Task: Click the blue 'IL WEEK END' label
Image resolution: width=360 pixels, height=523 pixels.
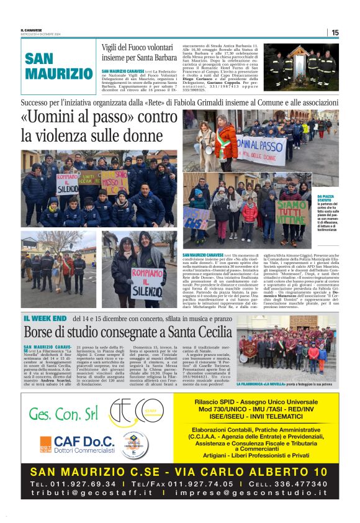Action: pyautogui.click(x=45, y=318)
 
